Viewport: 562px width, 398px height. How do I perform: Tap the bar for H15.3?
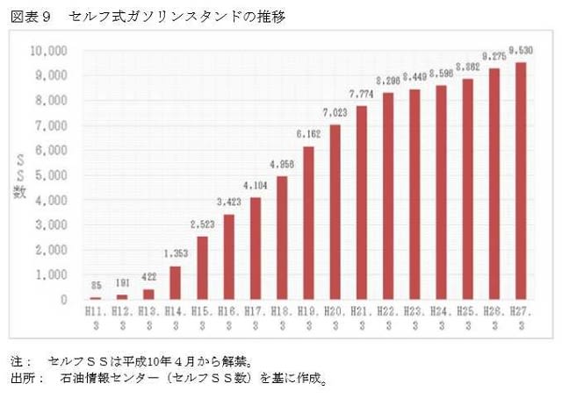201,268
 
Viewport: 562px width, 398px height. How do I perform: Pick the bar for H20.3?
335,212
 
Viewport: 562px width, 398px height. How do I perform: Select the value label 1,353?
175,257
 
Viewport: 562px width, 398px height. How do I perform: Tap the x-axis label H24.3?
441,317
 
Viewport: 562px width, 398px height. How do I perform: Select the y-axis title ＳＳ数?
19,175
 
